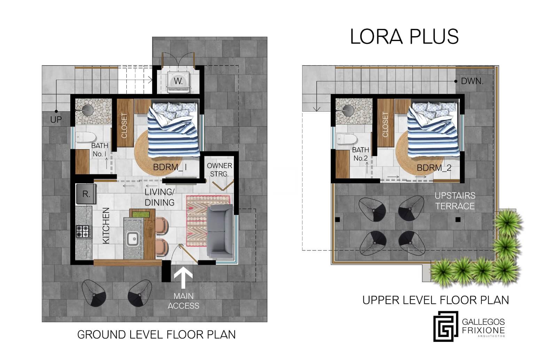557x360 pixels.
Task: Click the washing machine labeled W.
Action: point(178,82)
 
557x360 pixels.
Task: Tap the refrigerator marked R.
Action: point(86,194)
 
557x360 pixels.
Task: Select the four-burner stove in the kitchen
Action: point(83,231)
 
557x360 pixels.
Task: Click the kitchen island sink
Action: point(133,239)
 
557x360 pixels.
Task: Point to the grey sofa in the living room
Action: point(220,231)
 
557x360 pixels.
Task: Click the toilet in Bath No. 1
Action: point(85,137)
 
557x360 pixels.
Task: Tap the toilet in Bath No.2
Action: point(346,139)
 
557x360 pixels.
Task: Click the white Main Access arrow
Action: point(183,278)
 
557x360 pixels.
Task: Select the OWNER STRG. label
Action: point(219,170)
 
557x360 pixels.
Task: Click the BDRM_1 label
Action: point(170,167)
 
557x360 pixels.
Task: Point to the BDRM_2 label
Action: point(434,168)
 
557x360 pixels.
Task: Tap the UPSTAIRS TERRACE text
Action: point(455,201)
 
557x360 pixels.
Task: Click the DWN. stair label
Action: point(472,81)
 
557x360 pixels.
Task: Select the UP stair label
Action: point(56,120)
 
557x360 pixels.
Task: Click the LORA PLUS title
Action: point(404,37)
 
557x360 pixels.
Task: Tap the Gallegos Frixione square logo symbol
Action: point(446,326)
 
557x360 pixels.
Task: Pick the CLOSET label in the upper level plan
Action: point(385,125)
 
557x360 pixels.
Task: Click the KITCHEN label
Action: point(106,226)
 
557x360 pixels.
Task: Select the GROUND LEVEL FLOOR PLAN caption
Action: point(156,335)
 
